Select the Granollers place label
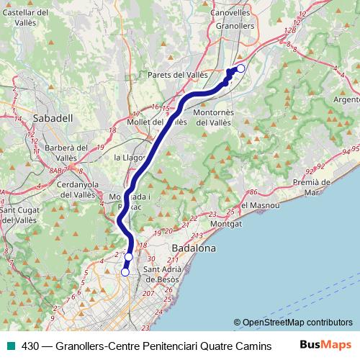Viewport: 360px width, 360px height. coord(235,26)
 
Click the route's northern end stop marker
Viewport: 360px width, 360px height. coord(240,68)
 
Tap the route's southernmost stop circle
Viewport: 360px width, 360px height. coord(125,272)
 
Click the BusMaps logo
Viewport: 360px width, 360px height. coord(325,345)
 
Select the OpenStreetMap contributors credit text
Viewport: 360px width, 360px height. coord(294,323)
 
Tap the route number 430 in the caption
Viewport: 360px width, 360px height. coord(30,346)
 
